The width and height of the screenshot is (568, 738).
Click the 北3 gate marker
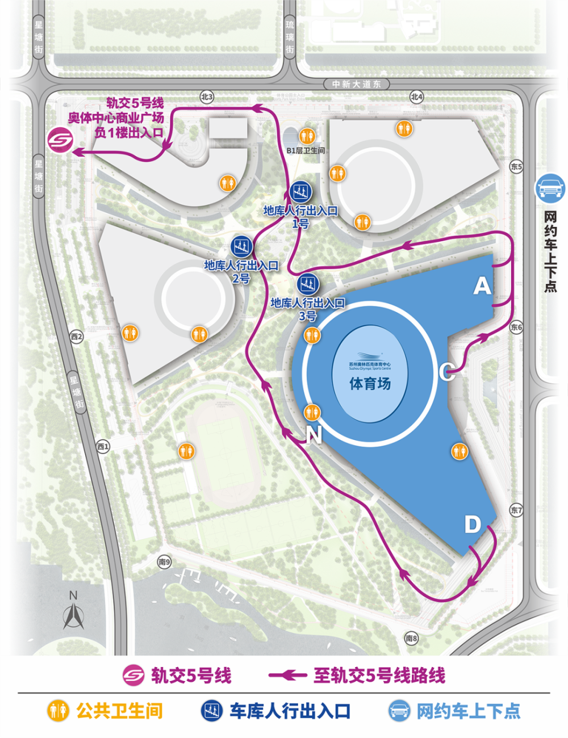pos(207,97)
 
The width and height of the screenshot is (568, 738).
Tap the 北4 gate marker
pos(417,97)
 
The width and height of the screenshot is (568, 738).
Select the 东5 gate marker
pos(516,167)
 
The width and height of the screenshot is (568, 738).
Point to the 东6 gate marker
pos(516,328)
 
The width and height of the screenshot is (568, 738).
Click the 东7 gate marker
pos(516,510)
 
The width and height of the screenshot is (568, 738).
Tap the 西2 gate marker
pos(77,337)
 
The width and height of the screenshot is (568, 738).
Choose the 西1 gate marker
pos(103,447)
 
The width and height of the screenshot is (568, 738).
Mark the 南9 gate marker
pos(164,562)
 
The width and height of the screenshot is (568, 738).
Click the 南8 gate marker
pos(411,639)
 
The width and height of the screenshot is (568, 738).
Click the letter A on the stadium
pos(482,286)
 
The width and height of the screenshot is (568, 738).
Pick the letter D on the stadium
pos(473,525)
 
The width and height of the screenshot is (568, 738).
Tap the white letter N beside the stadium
pos(314,435)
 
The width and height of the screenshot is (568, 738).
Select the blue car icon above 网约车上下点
pos(550,188)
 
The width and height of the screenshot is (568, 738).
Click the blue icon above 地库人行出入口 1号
pos(300,192)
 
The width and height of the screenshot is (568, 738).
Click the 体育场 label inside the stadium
pos(370,384)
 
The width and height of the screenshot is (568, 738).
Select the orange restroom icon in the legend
pos(57,711)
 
